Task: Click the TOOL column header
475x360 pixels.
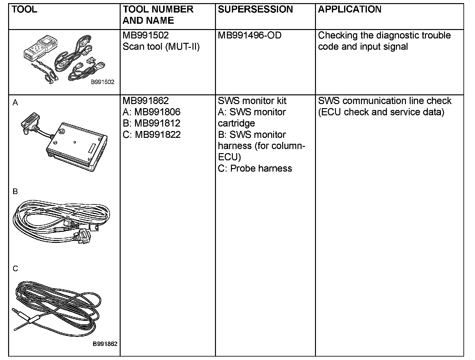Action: [24, 9]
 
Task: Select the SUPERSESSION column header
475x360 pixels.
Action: [255, 9]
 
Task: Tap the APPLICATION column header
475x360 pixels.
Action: [350, 9]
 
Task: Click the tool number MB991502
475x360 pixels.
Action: [146, 35]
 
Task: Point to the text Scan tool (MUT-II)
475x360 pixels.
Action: [161, 47]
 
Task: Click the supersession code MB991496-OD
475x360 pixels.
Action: [249, 35]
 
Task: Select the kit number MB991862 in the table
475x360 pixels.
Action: [146, 101]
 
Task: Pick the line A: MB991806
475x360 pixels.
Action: [152, 112]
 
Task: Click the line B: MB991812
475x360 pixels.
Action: [152, 123]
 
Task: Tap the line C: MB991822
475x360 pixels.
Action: [152, 134]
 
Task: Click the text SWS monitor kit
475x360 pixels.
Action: [252, 101]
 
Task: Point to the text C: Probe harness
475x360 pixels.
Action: [255, 168]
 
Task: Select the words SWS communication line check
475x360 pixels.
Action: [384, 101]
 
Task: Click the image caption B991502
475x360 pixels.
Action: [102, 82]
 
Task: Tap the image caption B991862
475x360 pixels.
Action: [105, 344]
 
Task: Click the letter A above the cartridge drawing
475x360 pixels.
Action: [15, 103]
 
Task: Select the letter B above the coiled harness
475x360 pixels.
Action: [15, 192]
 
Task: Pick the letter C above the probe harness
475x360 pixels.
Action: [15, 269]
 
